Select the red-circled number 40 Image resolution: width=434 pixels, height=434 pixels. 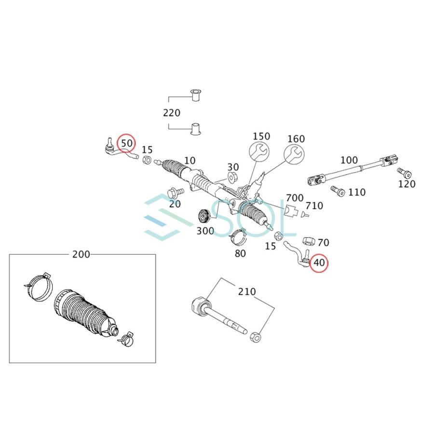(x=319, y=263)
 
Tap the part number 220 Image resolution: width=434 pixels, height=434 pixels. (x=172, y=113)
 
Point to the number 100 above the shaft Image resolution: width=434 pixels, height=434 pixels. (x=349, y=160)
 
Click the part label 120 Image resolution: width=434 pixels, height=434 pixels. (x=407, y=184)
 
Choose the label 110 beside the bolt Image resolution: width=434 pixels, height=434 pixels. (x=357, y=192)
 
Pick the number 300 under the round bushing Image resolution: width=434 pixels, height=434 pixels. (x=205, y=231)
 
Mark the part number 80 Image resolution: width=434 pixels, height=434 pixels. (x=240, y=253)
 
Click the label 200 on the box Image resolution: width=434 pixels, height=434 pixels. (x=81, y=255)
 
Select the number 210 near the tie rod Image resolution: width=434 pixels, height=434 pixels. (x=246, y=292)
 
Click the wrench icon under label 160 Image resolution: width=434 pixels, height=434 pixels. (x=293, y=155)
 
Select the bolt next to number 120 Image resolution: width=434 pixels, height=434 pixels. (x=403, y=172)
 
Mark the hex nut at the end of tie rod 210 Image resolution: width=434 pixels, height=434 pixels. (x=256, y=336)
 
